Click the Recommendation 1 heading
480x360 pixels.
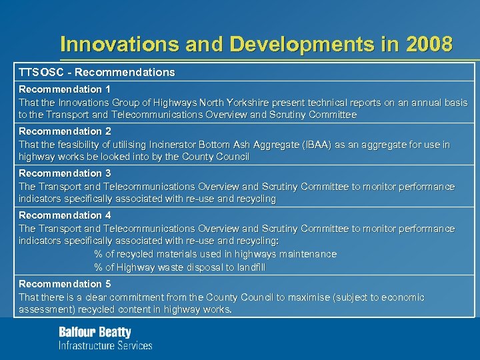pyautogui.click(x=65, y=89)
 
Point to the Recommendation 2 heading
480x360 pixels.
pyautogui.click(x=65, y=131)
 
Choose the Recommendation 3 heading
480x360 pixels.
pyautogui.click(x=65, y=173)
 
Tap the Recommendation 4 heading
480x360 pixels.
pyautogui.click(x=65, y=215)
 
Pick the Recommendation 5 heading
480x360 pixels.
pyautogui.click(x=65, y=284)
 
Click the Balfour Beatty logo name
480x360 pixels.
pyautogui.click(x=95, y=332)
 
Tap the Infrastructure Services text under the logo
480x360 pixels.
pyautogui.click(x=105, y=345)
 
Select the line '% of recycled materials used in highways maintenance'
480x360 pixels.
pyautogui.click(x=215, y=254)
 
